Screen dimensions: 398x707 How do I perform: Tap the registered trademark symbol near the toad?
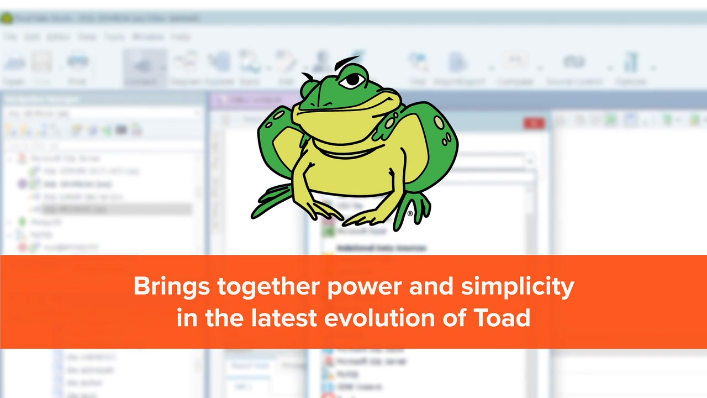410,213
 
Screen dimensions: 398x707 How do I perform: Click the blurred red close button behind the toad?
534,123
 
